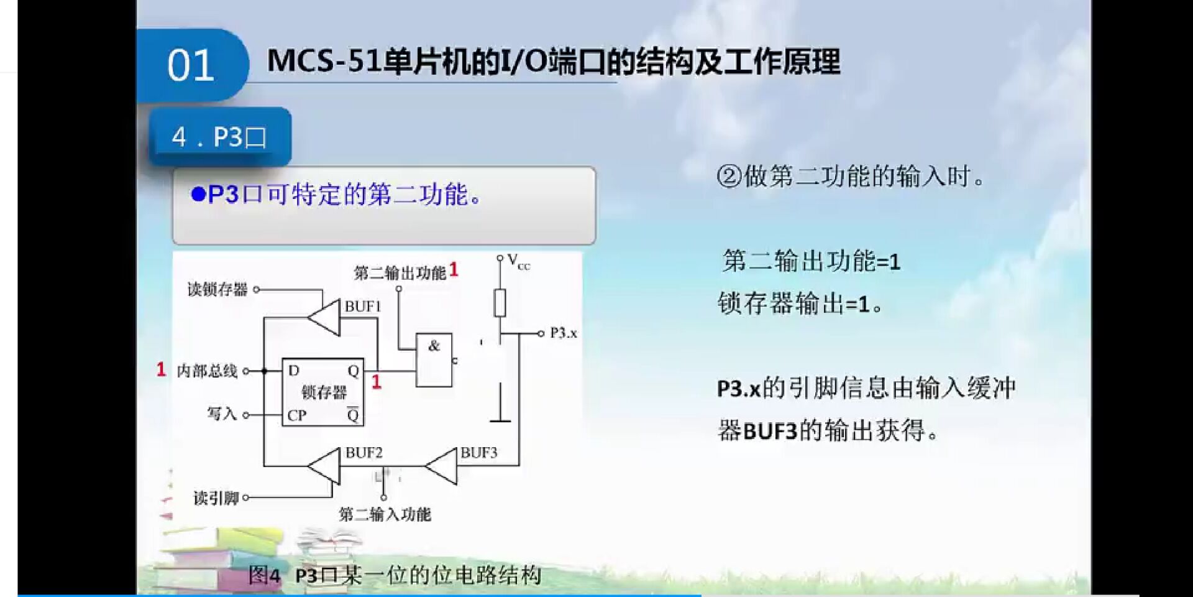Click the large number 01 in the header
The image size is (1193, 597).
[x=190, y=65]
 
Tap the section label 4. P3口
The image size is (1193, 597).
[x=219, y=137]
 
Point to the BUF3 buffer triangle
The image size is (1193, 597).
[x=443, y=466]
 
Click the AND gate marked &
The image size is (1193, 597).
[x=434, y=360]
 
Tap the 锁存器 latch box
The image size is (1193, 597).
[x=323, y=392]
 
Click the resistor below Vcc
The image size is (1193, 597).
[x=500, y=303]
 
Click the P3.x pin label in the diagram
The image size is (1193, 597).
[x=563, y=333]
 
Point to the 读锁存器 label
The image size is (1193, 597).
[x=217, y=289]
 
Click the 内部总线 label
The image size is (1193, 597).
[x=207, y=371]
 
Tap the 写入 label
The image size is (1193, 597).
[x=222, y=414]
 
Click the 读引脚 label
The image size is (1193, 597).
[x=216, y=497]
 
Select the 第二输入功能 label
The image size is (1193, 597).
[x=385, y=514]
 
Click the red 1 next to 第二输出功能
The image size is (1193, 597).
[x=454, y=270]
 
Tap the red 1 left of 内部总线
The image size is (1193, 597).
[x=161, y=370]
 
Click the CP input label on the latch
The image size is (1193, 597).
[x=296, y=415]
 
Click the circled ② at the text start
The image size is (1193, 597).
[x=729, y=177]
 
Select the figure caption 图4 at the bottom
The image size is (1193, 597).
[x=264, y=575]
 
